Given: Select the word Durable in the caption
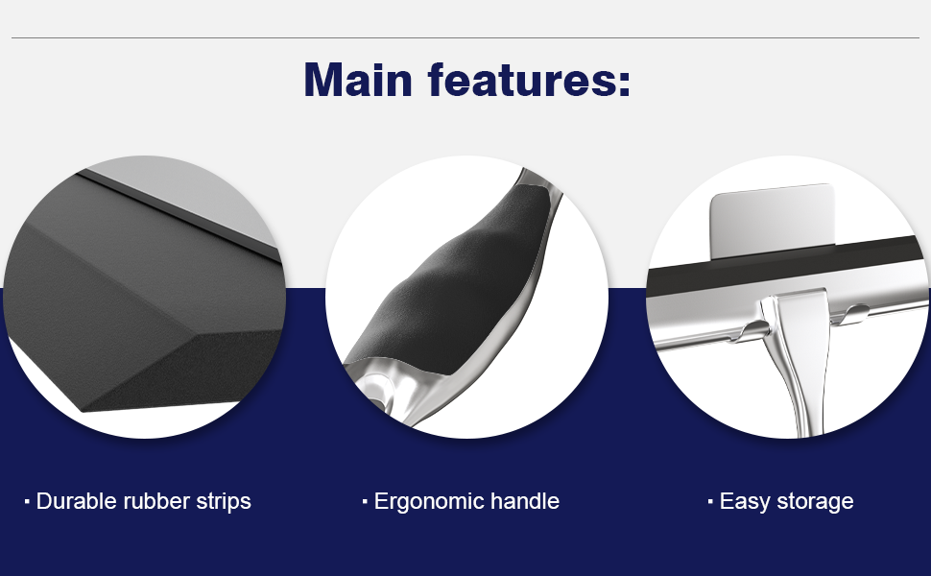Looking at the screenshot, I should click(76, 501).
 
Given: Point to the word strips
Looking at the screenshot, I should click(221, 501).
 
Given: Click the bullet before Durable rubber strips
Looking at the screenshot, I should click(27, 501).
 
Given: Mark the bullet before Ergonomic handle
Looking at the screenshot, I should click(365, 501).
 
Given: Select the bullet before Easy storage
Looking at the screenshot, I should click(710, 501).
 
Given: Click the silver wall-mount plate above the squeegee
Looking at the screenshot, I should click(772, 213).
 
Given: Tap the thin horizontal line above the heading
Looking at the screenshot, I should click(465, 38).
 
